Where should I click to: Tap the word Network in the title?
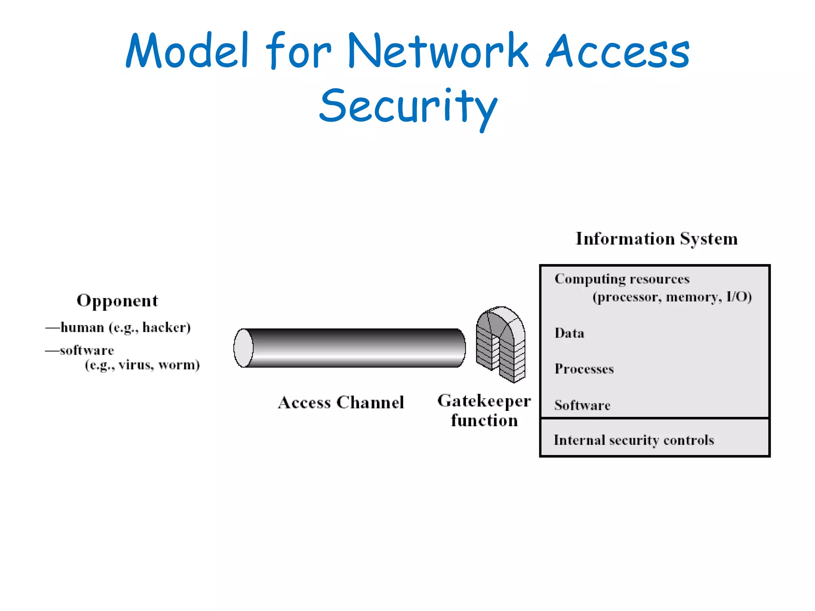[438, 51]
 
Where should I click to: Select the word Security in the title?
[408, 107]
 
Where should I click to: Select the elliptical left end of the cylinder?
[243, 348]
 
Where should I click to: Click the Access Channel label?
[341, 402]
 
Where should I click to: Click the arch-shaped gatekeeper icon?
[501, 344]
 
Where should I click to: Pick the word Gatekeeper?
[484, 401]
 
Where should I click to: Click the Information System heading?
[657, 239]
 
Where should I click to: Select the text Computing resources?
[622, 279]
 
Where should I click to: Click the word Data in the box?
[569, 333]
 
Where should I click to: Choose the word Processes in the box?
[584, 369]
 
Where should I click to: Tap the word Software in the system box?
[582, 405]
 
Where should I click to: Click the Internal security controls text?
[634, 440]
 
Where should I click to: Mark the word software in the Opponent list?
[87, 350]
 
